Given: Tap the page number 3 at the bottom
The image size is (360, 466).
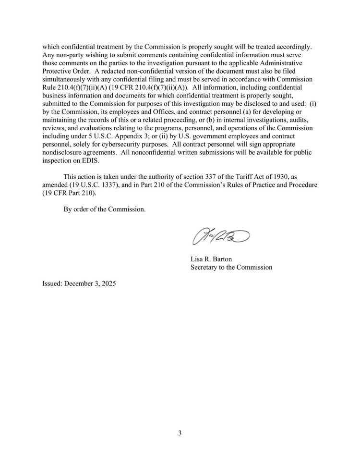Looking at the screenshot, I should [180, 433].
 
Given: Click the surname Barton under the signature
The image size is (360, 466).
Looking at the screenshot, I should [222, 259].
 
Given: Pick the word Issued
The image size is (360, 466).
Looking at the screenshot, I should [52, 283].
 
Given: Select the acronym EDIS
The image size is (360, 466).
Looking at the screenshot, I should [92, 160].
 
